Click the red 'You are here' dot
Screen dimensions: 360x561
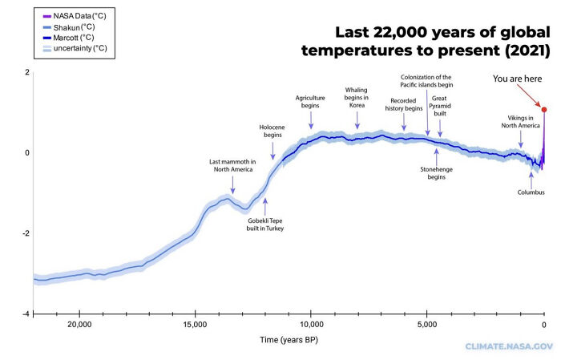[544, 110]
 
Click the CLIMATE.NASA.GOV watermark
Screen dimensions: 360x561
[509, 346]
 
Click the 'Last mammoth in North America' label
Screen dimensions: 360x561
[233, 165]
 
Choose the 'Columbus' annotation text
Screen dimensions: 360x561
[531, 192]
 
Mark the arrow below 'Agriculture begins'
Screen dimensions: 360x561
[311, 119]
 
